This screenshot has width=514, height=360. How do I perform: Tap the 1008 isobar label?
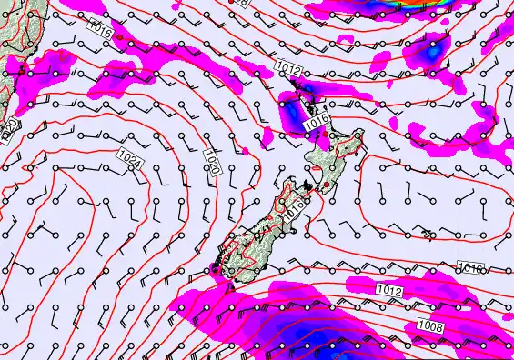pos(431,325)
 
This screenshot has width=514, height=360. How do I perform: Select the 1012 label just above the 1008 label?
pos(388,289)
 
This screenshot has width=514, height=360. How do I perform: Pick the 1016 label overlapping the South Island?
pos(292,206)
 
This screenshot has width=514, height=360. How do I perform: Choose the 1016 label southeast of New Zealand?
pos(471,269)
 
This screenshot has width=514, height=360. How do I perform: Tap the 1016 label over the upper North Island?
pos(316,122)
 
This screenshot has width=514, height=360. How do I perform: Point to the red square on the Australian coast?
pos(5,68)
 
